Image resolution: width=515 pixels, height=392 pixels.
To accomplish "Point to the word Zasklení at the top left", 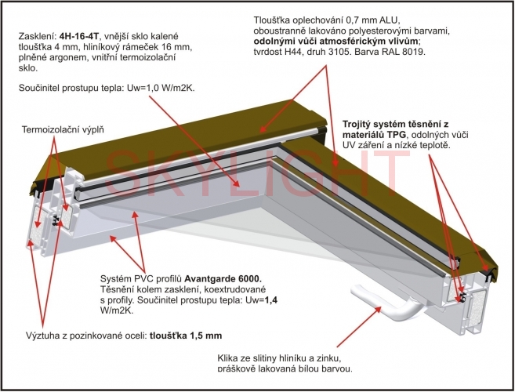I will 37,35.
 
